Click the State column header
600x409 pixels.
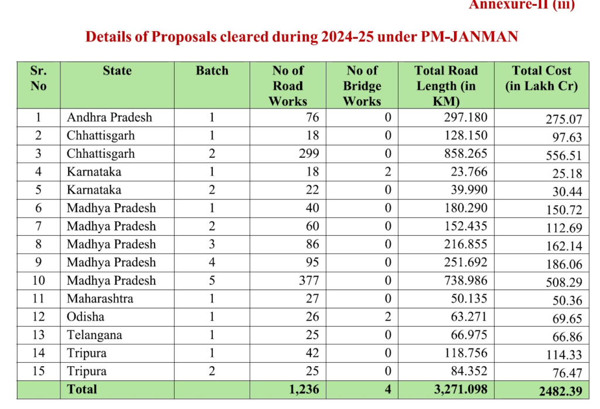pos(117,71)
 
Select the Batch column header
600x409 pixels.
pos(212,71)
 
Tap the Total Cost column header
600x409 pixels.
pos(541,79)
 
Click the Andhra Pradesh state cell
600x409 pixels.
pos(110,117)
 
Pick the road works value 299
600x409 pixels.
pos(308,154)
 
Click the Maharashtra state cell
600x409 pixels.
pos(100,299)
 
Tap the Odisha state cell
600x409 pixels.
pos(86,317)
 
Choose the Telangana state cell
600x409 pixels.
pos(94,335)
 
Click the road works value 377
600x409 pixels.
pos(308,280)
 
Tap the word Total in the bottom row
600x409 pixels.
pos(82,389)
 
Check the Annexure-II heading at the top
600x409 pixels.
pos(522,5)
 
